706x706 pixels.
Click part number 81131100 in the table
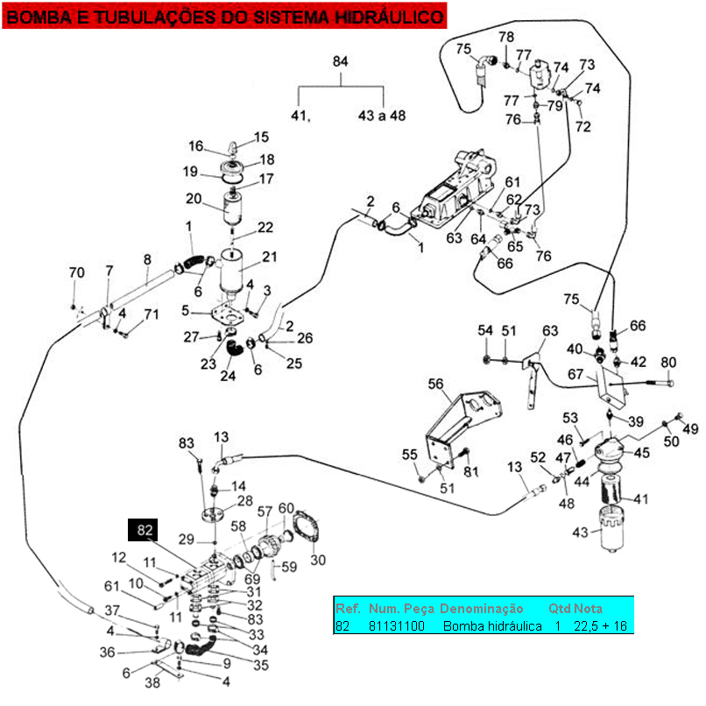click(397, 625)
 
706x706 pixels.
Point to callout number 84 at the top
click(342, 61)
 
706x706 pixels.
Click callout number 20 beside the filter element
click(193, 197)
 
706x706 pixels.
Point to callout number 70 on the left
click(77, 272)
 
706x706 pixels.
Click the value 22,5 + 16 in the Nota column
click(601, 625)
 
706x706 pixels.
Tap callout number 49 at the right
click(690, 428)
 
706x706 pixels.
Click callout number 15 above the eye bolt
click(263, 137)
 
